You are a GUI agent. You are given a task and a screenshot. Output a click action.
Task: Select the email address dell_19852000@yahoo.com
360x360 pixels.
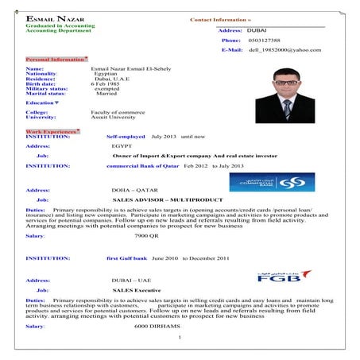(284, 50)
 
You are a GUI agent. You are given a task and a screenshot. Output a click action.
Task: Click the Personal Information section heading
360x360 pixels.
(56, 60)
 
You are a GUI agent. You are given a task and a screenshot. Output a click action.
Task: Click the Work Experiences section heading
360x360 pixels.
(52, 130)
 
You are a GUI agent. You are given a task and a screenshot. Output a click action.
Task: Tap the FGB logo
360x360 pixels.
(283, 277)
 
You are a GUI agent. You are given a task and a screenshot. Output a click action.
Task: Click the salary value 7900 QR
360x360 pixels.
(146, 236)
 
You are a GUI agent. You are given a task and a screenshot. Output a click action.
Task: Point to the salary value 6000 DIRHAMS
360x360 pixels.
(157, 327)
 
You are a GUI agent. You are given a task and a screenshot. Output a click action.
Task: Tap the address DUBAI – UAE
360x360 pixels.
(131, 281)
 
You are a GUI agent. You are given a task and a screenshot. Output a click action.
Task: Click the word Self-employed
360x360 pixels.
(126, 137)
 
